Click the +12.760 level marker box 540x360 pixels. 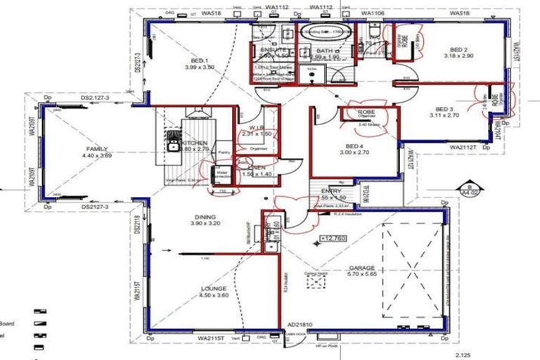click(333, 239)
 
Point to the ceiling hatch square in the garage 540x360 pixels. click(316, 281)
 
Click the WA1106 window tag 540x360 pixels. click(372, 13)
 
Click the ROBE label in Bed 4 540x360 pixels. click(366, 112)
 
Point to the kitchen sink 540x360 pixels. click(172, 146)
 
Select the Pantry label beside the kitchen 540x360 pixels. click(224, 151)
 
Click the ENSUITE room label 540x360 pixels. click(273, 51)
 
